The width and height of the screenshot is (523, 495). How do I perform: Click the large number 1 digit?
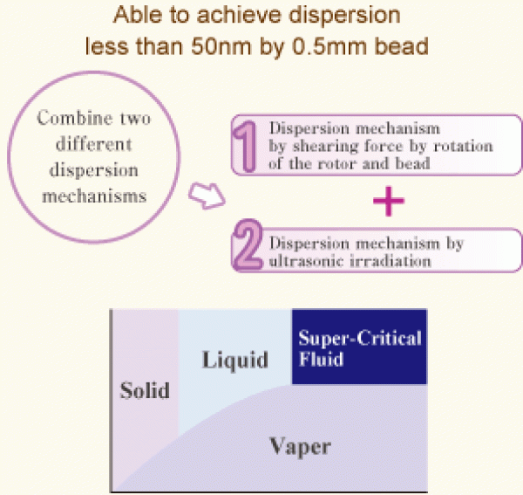click(248, 143)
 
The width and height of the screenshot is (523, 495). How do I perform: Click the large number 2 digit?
click(248, 248)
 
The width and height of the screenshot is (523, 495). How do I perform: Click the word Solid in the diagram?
click(145, 389)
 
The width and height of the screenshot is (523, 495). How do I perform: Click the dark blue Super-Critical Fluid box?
click(358, 347)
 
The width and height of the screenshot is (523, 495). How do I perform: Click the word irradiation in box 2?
click(384, 258)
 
